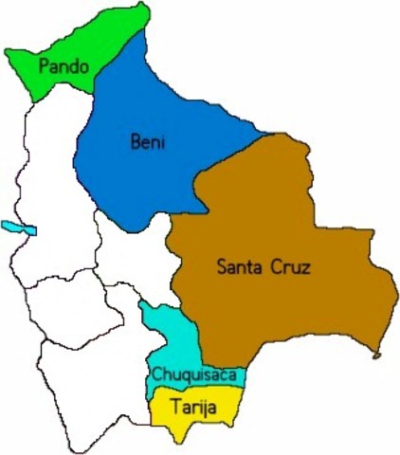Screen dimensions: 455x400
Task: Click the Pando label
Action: point(64,67)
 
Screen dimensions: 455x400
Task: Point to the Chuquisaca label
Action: point(192,376)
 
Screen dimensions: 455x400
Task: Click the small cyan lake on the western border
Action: point(19,228)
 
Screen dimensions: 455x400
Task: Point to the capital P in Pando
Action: point(43,67)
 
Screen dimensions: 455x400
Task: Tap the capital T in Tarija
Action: point(174,409)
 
